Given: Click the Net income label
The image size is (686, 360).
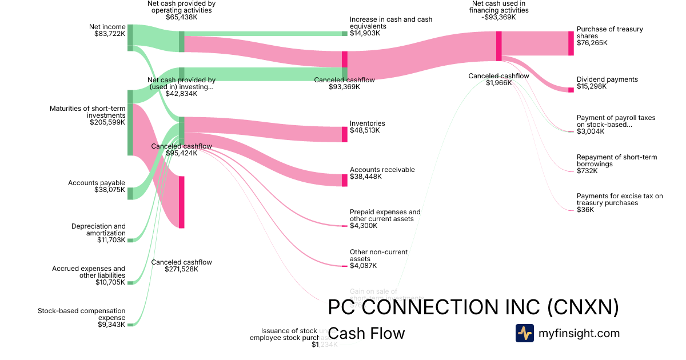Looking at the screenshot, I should coord(107,27).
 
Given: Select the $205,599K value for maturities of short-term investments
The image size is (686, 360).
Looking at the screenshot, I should coord(107,122).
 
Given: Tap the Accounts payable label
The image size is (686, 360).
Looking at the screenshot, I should coord(97,183).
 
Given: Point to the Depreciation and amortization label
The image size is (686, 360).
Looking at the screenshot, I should coord(98,230).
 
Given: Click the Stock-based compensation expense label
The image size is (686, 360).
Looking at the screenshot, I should coord(82,314).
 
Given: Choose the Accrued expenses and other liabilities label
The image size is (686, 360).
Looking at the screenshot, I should coord(89,272).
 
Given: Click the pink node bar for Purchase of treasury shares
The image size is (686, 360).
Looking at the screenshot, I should coord(571,43).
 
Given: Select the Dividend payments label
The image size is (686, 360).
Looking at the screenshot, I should coord(607,79).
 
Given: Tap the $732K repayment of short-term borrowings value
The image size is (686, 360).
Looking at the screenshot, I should coord(587,171).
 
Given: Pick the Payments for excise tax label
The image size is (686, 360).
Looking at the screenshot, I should coord(620,199).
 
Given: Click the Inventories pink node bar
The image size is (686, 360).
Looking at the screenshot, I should coord(345,134).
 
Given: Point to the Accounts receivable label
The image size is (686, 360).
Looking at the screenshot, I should coord(382,170).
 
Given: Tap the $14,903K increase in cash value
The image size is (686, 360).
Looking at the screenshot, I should coord(365,33).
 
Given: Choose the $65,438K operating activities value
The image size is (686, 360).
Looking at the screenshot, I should coord(181,17).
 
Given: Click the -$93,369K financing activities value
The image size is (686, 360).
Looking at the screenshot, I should coord(498,17).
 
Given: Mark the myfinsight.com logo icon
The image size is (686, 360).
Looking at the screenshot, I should coord(524,333).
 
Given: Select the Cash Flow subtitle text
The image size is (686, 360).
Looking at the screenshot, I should coord(367,333).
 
